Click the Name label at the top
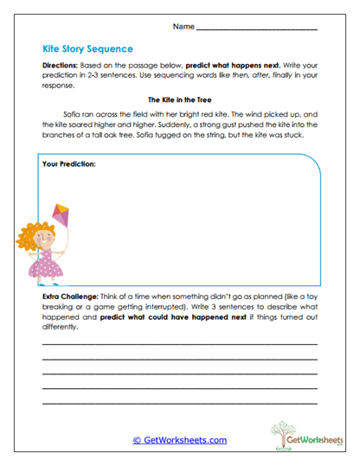click(x=183, y=27)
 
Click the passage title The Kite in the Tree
click(x=180, y=99)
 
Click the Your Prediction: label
click(x=68, y=163)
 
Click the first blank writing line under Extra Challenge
click(x=180, y=344)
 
